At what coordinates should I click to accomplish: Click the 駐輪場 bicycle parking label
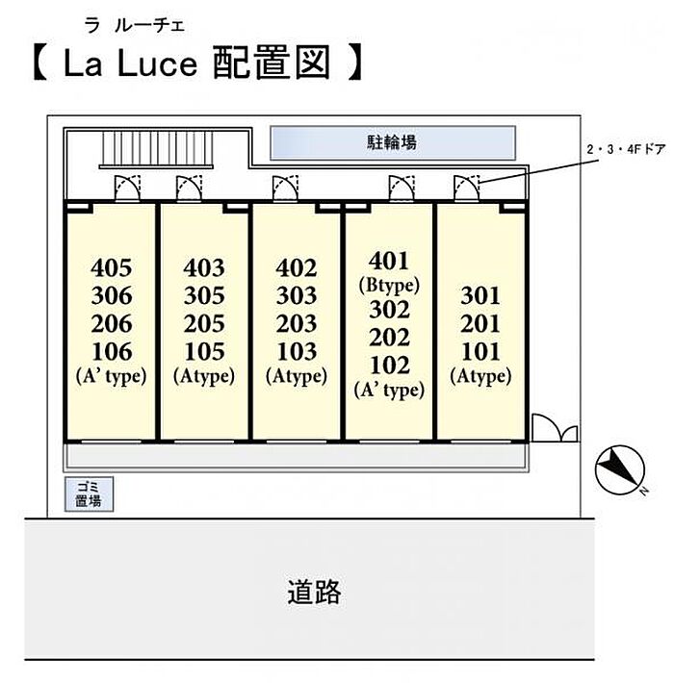[x=392, y=142]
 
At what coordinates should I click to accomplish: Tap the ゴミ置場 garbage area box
[x=89, y=493]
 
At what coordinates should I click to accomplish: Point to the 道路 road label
[x=314, y=592]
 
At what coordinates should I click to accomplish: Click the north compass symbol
[x=620, y=470]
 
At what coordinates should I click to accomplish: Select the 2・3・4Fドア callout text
[x=626, y=150]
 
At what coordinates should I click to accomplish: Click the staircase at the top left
[x=157, y=149]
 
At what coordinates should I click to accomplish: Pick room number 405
[x=112, y=267]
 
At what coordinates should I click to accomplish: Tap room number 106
[x=112, y=351]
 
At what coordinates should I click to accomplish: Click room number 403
[x=204, y=267]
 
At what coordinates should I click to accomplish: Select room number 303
[x=297, y=295]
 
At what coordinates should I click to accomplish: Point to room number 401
[x=389, y=261]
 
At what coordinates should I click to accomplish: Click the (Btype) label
[x=389, y=286]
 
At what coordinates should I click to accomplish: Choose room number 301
[x=480, y=295]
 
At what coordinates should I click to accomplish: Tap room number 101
[x=480, y=351]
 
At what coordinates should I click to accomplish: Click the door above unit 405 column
[x=127, y=189]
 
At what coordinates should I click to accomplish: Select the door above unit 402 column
[x=286, y=189]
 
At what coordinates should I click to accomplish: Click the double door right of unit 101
[x=555, y=428]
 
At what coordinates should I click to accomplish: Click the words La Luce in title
[x=131, y=63]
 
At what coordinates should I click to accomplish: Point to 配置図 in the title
[x=272, y=63]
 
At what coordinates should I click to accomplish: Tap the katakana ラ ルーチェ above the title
[x=135, y=26]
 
